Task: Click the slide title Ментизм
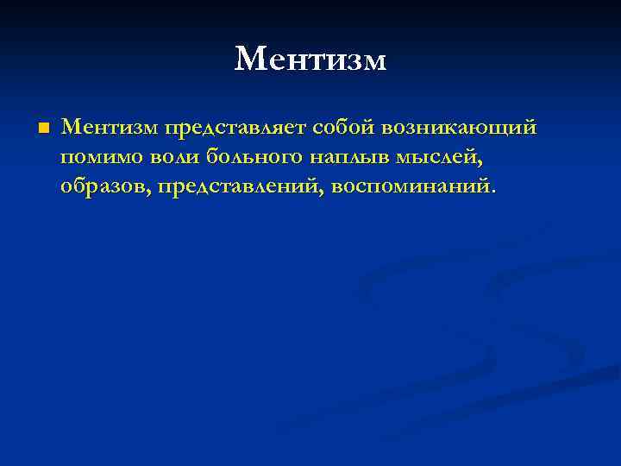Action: (x=310, y=60)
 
